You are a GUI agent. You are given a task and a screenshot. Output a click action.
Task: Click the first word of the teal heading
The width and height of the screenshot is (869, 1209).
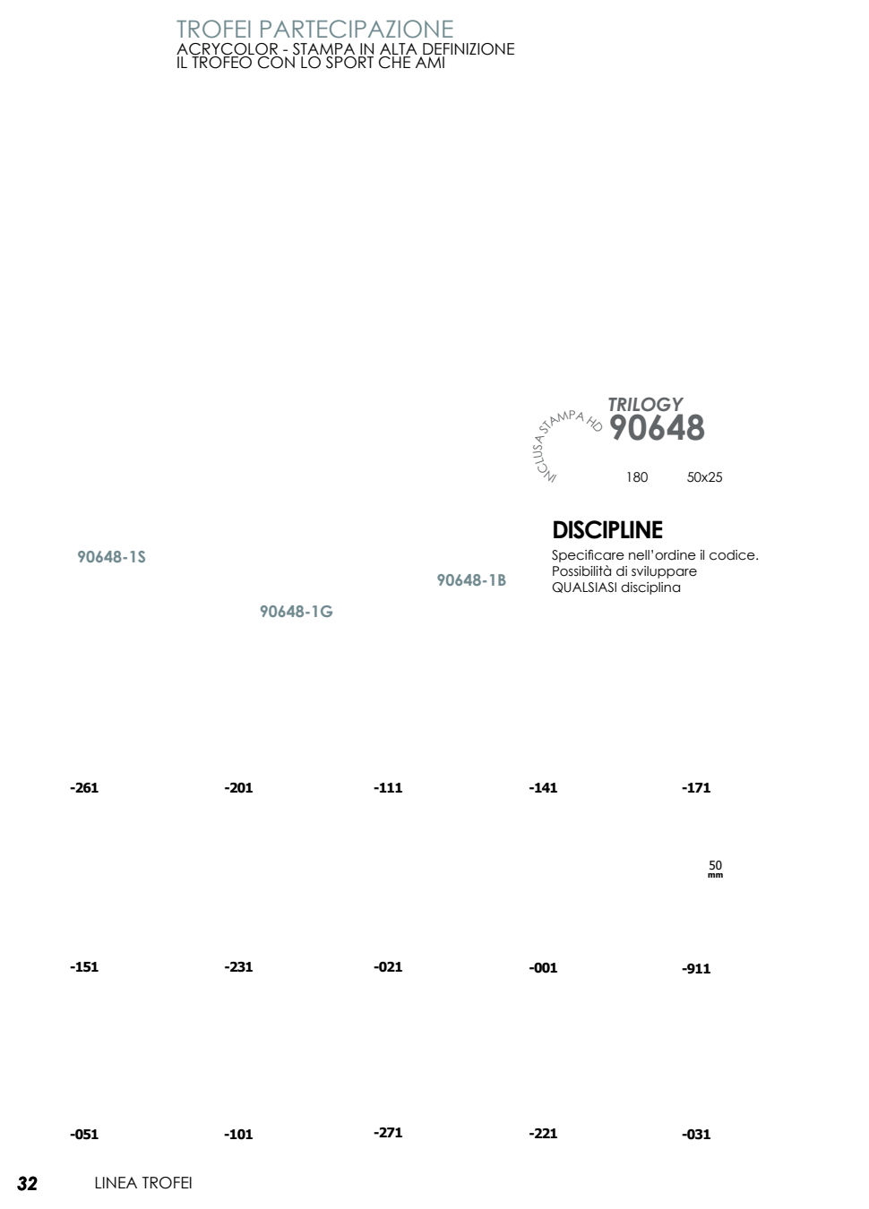(x=213, y=29)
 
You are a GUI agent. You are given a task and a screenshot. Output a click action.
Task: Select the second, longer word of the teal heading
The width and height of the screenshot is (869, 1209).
(x=357, y=29)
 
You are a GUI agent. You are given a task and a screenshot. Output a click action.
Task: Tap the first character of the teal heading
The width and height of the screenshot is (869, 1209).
(x=180, y=29)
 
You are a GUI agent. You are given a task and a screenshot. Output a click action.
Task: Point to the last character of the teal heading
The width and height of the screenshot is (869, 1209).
(x=448, y=29)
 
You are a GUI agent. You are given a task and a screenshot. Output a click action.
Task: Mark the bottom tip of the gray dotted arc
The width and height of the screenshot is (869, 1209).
(x=551, y=478)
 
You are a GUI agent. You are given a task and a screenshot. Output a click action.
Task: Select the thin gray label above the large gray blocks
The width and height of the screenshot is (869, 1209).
(x=645, y=404)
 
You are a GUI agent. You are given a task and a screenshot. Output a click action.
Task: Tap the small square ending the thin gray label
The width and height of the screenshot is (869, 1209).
(x=678, y=404)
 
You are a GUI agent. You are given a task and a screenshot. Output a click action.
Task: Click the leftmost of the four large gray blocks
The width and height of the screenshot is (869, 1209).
(x=617, y=427)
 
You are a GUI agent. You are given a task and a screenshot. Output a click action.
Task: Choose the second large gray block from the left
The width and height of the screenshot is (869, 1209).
(x=637, y=427)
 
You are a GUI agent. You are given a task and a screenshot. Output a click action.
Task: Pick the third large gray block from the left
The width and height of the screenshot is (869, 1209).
(x=657, y=427)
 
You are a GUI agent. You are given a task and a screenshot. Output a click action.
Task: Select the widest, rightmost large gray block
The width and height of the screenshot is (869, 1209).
(x=686, y=427)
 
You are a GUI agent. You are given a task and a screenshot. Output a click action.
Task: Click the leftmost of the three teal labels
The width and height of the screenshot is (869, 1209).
(x=111, y=557)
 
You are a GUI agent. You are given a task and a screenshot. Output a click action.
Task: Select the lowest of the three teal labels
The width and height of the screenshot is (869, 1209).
(x=297, y=612)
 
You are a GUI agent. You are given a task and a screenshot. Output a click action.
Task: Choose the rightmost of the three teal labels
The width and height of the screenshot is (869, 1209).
(x=472, y=580)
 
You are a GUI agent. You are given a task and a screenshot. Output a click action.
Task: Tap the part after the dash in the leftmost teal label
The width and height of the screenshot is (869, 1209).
(x=136, y=557)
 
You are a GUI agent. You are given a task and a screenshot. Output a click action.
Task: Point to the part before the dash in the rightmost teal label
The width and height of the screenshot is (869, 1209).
(x=459, y=580)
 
